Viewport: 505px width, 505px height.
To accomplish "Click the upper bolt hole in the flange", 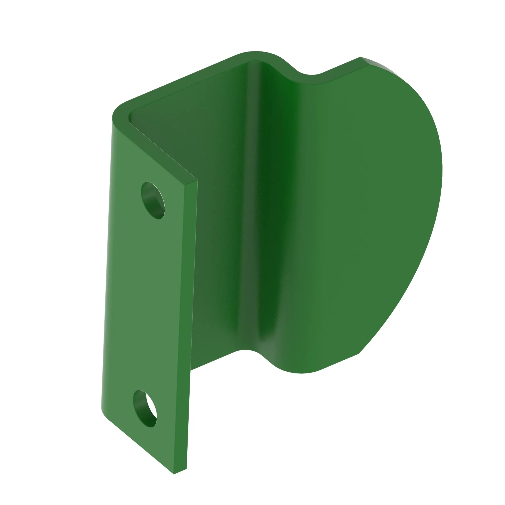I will (153, 200).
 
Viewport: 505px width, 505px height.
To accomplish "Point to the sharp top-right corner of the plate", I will (361, 58).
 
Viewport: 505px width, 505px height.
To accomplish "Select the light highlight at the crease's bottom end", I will (269, 348).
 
